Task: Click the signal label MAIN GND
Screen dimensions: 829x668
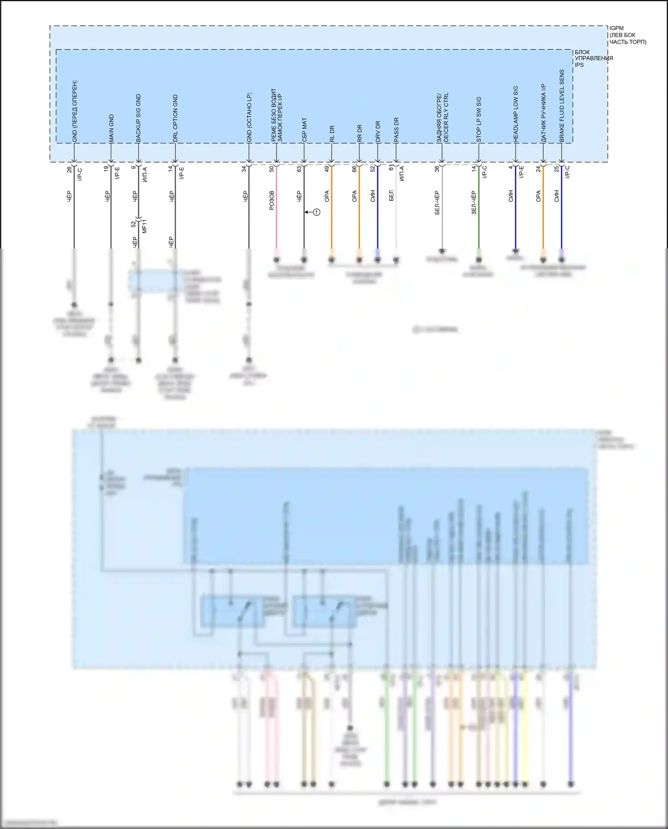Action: pyautogui.click(x=111, y=128)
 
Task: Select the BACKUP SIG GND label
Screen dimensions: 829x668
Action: pyautogui.click(x=138, y=118)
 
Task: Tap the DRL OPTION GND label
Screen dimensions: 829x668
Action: pyautogui.click(x=175, y=118)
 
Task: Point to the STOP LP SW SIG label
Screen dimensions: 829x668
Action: pyautogui.click(x=479, y=119)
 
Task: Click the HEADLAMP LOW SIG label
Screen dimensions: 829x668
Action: pyautogui.click(x=516, y=114)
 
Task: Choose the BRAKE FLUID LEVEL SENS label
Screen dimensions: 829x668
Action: pyautogui.click(x=562, y=106)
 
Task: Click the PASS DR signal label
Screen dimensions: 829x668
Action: pyautogui.click(x=396, y=130)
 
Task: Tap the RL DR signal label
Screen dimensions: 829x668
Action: pyautogui.click(x=332, y=134)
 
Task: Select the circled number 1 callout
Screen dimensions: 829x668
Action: pyautogui.click(x=317, y=212)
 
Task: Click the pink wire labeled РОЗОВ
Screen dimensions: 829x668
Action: pyautogui.click(x=276, y=209)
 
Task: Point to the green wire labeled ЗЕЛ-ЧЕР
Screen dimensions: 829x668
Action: pyautogui.click(x=479, y=209)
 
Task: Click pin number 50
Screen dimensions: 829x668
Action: pyautogui.click(x=272, y=169)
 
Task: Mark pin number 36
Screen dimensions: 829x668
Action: pyautogui.click(x=437, y=169)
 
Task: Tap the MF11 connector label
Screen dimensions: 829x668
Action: pyautogui.click(x=144, y=226)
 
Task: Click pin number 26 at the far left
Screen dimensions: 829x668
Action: pyautogui.click(x=69, y=169)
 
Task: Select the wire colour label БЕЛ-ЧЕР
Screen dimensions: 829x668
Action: pyautogui.click(x=437, y=203)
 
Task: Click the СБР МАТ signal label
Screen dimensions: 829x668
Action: pyautogui.click(x=305, y=130)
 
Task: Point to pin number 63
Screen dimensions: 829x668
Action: pyautogui.click(x=299, y=169)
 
